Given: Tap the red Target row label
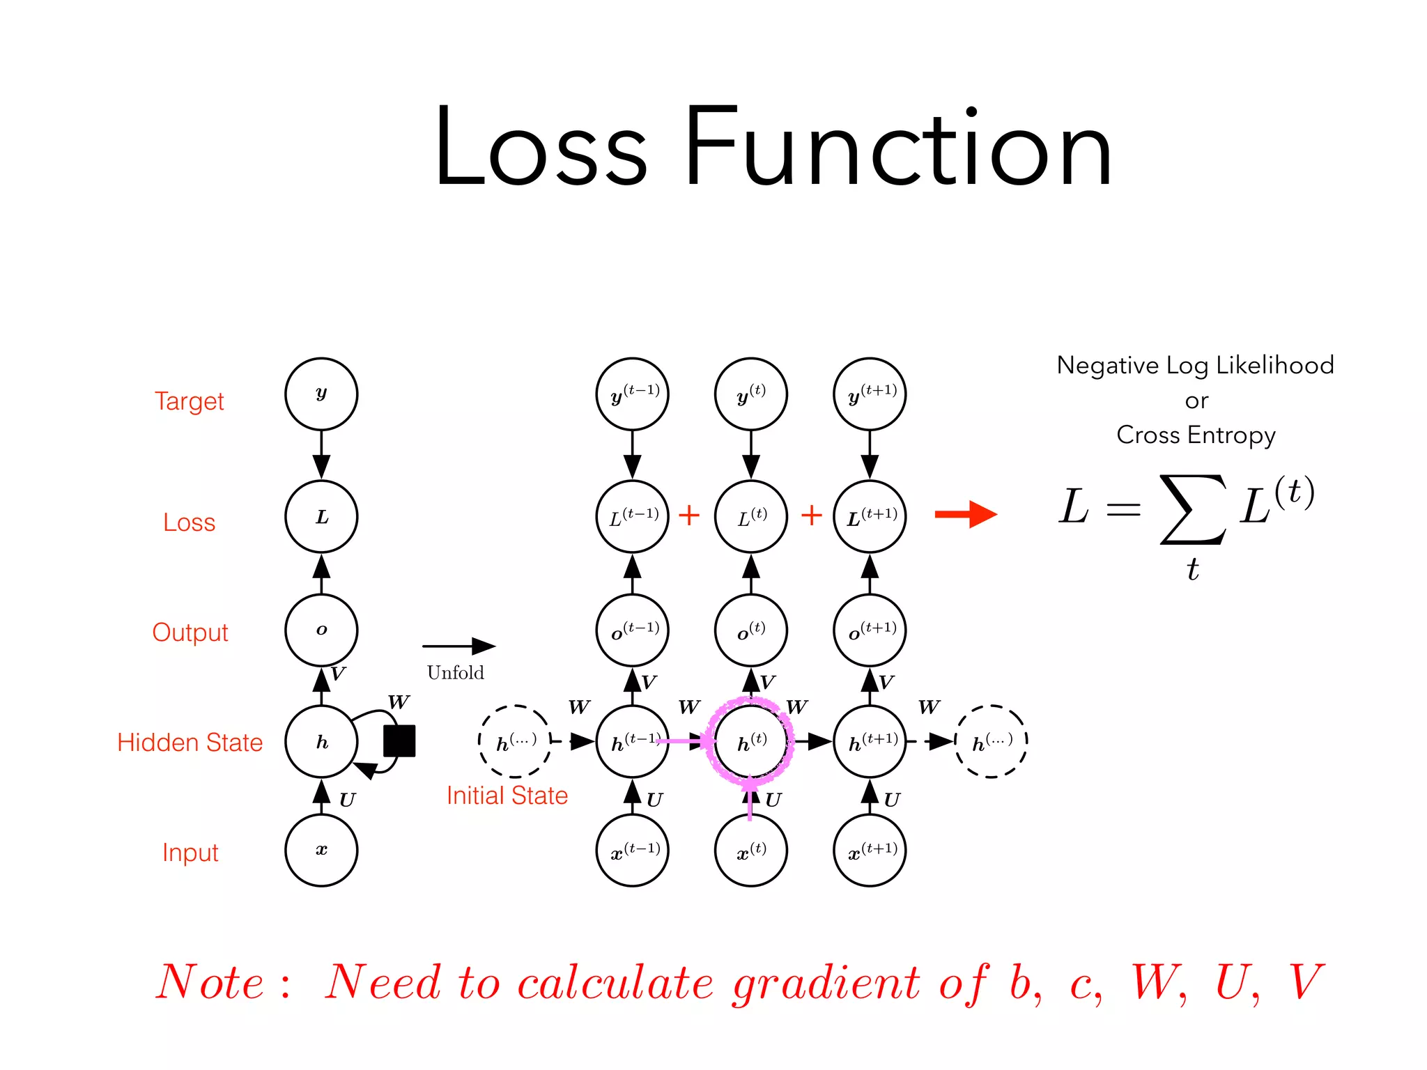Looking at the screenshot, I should click(189, 401).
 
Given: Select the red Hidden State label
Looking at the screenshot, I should click(190, 743).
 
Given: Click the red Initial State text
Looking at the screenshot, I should click(507, 796).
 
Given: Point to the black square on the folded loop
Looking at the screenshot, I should click(399, 741).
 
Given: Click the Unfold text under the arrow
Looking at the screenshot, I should click(455, 673).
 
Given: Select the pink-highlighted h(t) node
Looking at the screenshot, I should click(751, 742).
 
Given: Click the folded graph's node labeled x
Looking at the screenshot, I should click(321, 851).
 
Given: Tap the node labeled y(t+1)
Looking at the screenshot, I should click(870, 394).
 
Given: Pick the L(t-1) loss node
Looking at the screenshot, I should click(633, 517).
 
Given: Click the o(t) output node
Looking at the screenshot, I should click(751, 630).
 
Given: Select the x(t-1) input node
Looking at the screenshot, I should click(633, 851).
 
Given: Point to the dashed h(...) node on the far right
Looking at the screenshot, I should click(991, 742).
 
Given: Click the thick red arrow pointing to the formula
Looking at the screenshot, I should click(966, 515).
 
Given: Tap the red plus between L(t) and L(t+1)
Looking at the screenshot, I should click(811, 515).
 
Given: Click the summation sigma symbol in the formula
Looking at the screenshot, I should click(1193, 509).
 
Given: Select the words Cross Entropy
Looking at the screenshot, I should click(1196, 435).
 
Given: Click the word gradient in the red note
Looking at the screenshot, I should click(826, 983).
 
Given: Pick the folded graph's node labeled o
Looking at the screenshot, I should click(321, 630).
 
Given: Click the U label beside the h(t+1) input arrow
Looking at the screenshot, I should click(892, 800).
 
